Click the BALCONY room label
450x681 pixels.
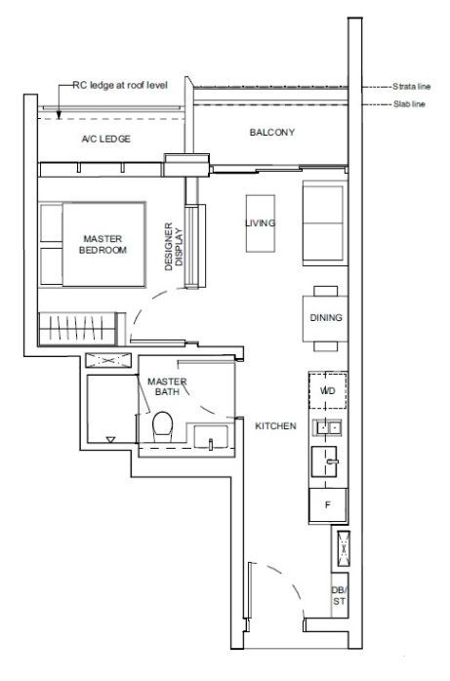click(x=272, y=132)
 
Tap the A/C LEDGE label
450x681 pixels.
click(x=106, y=139)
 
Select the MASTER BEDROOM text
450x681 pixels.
click(x=102, y=245)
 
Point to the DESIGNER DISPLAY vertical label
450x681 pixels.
click(x=174, y=247)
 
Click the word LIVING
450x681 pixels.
click(x=261, y=223)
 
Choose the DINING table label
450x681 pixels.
click(x=326, y=317)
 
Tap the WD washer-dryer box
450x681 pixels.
click(x=328, y=390)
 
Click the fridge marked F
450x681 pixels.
click(x=328, y=505)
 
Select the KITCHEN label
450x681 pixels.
click(x=275, y=426)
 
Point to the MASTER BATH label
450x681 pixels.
click(x=167, y=386)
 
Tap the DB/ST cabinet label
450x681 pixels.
click(x=340, y=596)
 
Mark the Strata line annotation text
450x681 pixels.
click(x=411, y=87)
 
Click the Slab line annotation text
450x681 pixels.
click(x=409, y=104)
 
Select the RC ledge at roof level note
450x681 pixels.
click(x=120, y=85)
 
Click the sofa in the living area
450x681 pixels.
click(x=325, y=223)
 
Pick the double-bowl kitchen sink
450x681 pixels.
click(x=328, y=427)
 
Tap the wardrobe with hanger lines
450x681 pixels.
click(x=77, y=329)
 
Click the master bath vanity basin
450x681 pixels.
click(x=211, y=436)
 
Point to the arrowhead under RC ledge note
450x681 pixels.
click(x=59, y=116)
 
